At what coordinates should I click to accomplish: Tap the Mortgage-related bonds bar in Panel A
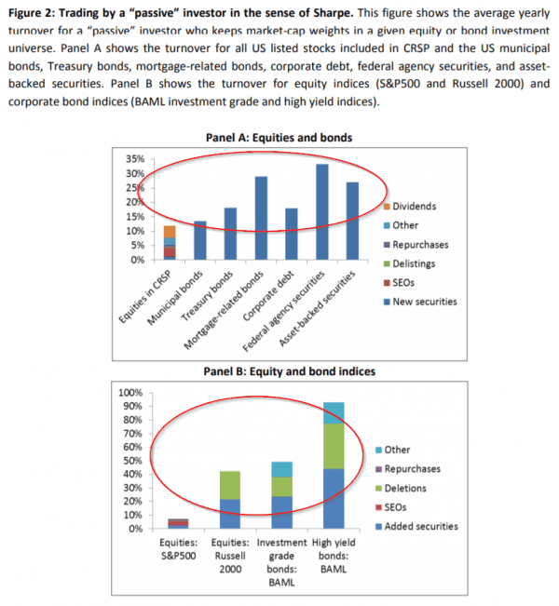click(262, 218)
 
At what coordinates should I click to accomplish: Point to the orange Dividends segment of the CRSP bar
click(143, 232)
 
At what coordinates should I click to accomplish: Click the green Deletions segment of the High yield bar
click(334, 446)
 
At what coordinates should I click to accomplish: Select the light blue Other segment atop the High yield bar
click(334, 412)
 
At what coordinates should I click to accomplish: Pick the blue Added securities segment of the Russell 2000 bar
click(229, 514)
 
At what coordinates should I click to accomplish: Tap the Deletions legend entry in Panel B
click(410, 489)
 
